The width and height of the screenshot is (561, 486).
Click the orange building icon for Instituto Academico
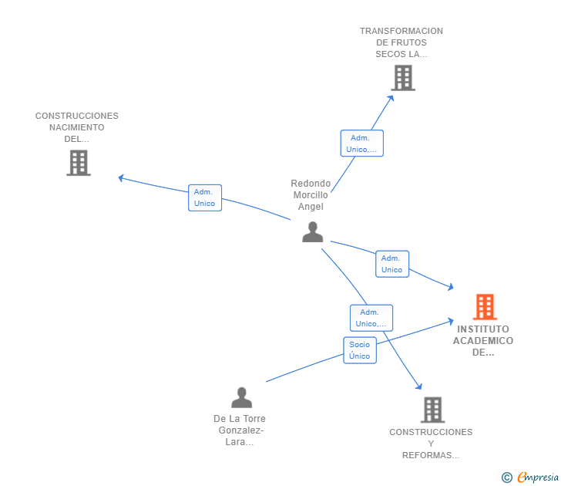[485, 306]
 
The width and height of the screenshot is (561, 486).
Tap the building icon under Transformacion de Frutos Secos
[403, 78]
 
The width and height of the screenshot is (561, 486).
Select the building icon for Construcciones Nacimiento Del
[79, 163]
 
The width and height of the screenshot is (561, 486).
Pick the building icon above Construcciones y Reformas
[432, 410]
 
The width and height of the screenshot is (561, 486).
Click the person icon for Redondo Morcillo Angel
[313, 232]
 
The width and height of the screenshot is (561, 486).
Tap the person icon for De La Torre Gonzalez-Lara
[241, 397]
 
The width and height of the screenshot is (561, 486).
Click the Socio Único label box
[360, 350]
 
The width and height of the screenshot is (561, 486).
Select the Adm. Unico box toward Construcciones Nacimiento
[205, 197]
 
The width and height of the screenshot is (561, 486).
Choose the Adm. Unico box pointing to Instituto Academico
[392, 264]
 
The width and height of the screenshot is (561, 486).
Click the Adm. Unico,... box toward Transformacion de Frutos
[361, 143]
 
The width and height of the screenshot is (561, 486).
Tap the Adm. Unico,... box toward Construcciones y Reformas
[371, 318]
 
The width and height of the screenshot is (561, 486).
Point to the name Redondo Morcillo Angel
[311, 195]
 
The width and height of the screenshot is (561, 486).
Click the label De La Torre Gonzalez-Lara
[240, 430]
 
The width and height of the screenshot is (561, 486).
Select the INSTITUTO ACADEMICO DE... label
[483, 341]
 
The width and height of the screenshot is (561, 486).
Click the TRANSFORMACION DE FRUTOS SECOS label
[401, 42]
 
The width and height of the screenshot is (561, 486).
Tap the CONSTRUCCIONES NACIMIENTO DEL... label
[77, 127]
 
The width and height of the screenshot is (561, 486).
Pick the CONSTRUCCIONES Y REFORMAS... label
[431, 444]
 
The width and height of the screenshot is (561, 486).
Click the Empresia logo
[530, 477]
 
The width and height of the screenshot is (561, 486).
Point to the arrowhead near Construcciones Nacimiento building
[121, 177]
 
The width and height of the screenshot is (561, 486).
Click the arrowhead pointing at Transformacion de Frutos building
[391, 98]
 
